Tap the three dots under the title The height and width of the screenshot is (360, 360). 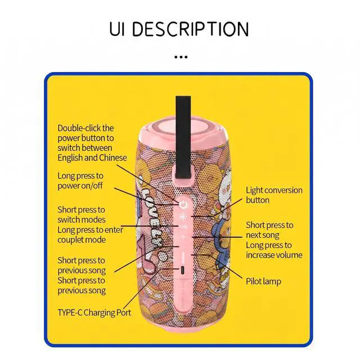click(x=180, y=57)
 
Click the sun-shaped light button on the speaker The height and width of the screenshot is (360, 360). click(x=183, y=216)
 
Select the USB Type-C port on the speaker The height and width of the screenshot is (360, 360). click(x=183, y=271)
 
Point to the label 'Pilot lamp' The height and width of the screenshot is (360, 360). click(x=263, y=281)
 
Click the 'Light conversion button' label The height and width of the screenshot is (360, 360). click(x=274, y=195)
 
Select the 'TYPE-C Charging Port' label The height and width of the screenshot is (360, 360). click(x=94, y=312)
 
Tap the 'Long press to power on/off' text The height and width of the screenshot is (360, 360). click(x=80, y=181)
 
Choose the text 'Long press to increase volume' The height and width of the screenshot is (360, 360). click(x=274, y=250)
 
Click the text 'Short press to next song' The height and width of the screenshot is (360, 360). click(x=269, y=230)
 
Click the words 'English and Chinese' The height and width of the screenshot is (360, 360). click(x=92, y=157)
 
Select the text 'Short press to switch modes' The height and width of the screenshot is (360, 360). click(x=82, y=214)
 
